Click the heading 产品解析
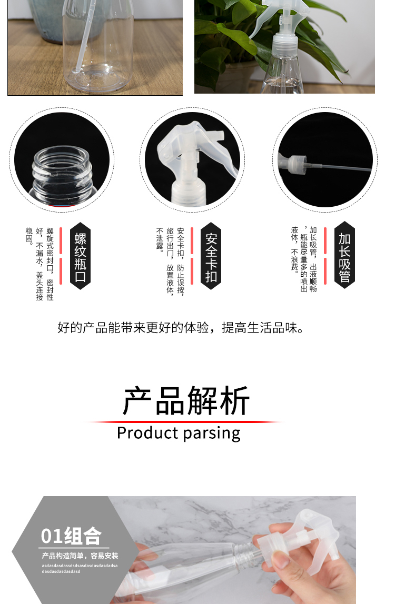pyautogui.click(x=186, y=400)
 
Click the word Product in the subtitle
pyautogui.click(x=147, y=433)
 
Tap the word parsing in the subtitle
pyautogui.click(x=212, y=434)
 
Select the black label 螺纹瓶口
pyautogui.click(x=80, y=256)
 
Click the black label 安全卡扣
pyautogui.click(x=211, y=256)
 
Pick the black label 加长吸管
pyautogui.click(x=344, y=255)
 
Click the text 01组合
pyautogui.click(x=71, y=536)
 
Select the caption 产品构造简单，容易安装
pyautogui.click(x=80, y=556)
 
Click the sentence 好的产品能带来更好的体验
pyautogui.click(x=133, y=328)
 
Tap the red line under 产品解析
pyautogui.click(x=185, y=422)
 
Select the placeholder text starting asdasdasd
pyautogui.click(x=80, y=569)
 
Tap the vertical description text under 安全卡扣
pyautogui.click(x=170, y=261)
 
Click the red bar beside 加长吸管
pyautogui.click(x=325, y=256)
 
